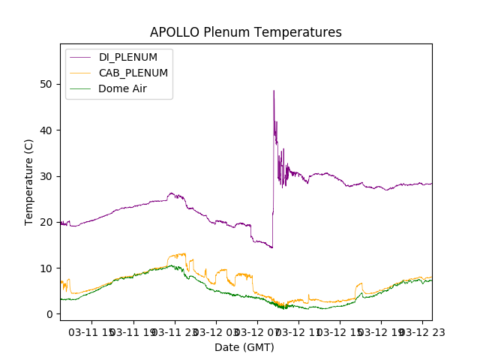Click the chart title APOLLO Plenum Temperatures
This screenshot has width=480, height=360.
point(245,32)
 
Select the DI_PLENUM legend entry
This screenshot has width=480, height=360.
point(128,57)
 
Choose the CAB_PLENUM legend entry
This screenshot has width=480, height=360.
point(133,73)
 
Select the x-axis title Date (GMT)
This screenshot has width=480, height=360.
point(244,347)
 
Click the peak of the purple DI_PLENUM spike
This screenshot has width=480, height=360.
point(274,91)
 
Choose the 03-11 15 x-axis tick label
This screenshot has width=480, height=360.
point(93,331)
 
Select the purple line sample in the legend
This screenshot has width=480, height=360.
point(82,57)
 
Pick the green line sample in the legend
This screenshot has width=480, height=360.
point(82,88)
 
